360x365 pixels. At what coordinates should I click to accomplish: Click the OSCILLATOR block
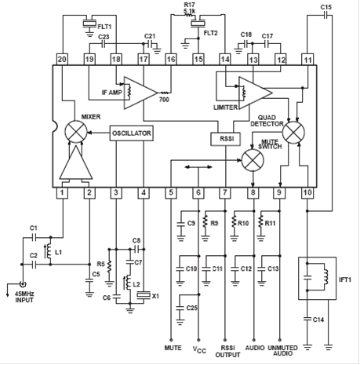[x=131, y=133]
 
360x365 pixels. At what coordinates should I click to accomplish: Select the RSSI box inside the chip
[x=226, y=139]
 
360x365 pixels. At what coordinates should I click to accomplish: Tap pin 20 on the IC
[x=62, y=60]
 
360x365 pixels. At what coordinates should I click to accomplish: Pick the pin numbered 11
[x=307, y=60]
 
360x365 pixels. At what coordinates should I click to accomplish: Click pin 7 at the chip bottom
[x=225, y=193]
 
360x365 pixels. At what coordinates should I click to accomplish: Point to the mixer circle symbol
[x=76, y=132]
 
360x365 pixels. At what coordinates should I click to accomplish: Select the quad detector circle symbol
[x=294, y=133]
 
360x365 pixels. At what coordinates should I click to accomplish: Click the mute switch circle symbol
[x=253, y=160]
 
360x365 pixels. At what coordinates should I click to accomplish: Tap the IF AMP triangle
[x=140, y=93]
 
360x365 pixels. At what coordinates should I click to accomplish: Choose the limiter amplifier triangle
[x=256, y=93]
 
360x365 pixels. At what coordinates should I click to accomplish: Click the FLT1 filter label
[x=104, y=27]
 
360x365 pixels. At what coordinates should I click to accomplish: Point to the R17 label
[x=189, y=5]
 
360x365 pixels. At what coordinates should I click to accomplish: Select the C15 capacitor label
[x=325, y=7]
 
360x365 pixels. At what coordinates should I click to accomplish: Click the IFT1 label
[x=345, y=279]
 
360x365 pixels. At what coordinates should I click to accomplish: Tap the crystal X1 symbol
[x=144, y=295]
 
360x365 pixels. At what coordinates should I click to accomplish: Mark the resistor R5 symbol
[x=110, y=266]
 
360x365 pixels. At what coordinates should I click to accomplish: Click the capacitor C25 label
[x=192, y=308]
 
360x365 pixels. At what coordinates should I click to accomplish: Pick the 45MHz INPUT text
[x=24, y=297]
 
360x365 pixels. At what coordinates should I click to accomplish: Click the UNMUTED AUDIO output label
[x=282, y=351]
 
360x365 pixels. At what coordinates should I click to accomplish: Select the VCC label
[x=199, y=349]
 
